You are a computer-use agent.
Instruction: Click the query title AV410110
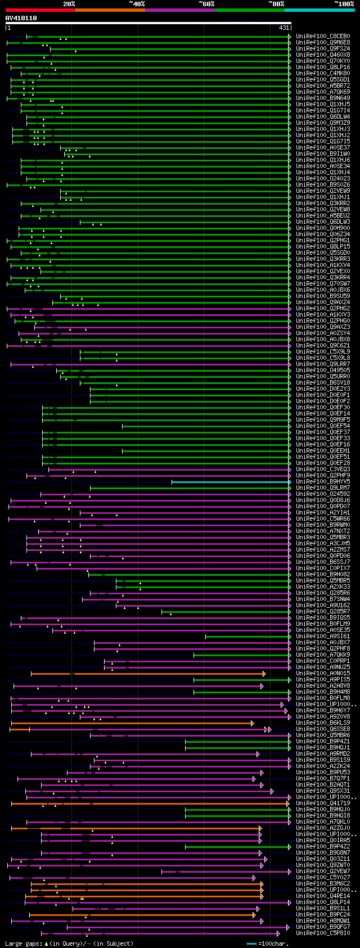point(21,19)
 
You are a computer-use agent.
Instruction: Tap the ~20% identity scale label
point(69,4)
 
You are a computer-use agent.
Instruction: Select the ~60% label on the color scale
point(206,4)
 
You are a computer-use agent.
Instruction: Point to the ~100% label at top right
point(344,4)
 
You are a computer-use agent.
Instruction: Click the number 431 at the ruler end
point(283,28)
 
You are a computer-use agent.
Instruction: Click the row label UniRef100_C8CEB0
point(323,37)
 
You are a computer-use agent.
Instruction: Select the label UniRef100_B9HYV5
point(323,482)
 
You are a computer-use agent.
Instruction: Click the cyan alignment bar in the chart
point(231,482)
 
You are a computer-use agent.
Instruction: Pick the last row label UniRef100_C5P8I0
point(323,933)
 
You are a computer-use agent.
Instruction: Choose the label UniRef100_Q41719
point(323,803)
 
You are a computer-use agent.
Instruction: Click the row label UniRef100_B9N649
point(323,98)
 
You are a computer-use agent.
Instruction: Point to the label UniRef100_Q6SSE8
point(323,729)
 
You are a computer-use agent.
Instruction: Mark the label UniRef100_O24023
point(323,179)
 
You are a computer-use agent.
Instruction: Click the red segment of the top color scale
point(40,10)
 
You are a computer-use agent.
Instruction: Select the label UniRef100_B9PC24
point(323,915)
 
